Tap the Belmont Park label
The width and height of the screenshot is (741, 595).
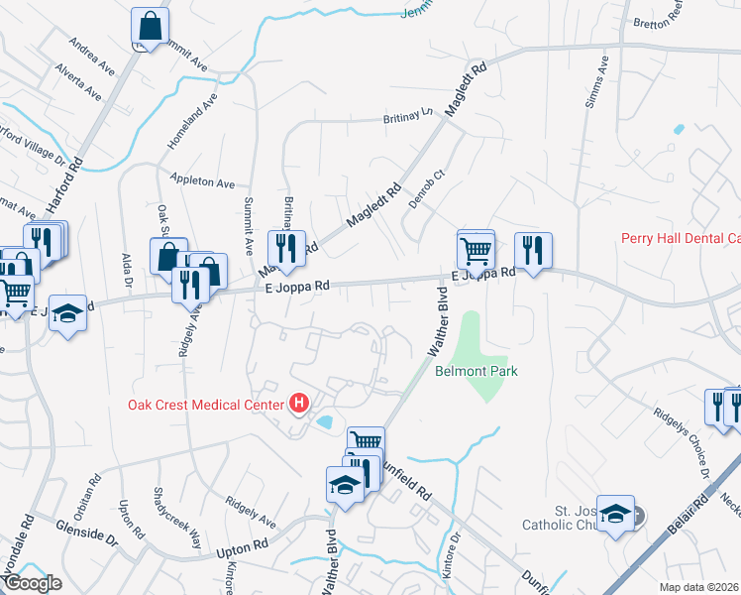click(476, 371)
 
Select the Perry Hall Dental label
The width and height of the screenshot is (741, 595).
click(680, 238)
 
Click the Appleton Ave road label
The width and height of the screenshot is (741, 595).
click(202, 182)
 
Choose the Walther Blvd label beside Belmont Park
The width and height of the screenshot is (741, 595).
click(437, 323)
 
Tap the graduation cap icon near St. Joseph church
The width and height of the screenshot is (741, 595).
click(615, 514)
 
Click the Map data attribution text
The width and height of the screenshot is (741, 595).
click(699, 587)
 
